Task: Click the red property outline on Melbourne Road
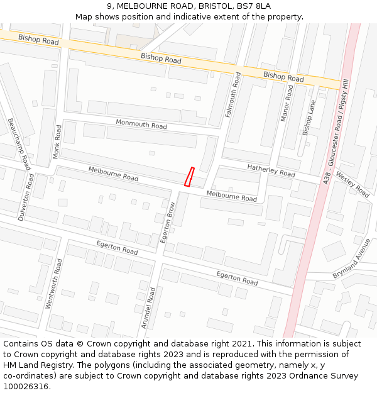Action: click(x=188, y=177)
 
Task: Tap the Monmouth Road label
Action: click(x=141, y=125)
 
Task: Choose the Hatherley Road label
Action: click(x=271, y=170)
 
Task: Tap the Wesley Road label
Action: click(x=352, y=183)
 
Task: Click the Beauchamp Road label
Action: click(x=19, y=144)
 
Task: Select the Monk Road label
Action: click(x=58, y=141)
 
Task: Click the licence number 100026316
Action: click(x=26, y=386)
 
